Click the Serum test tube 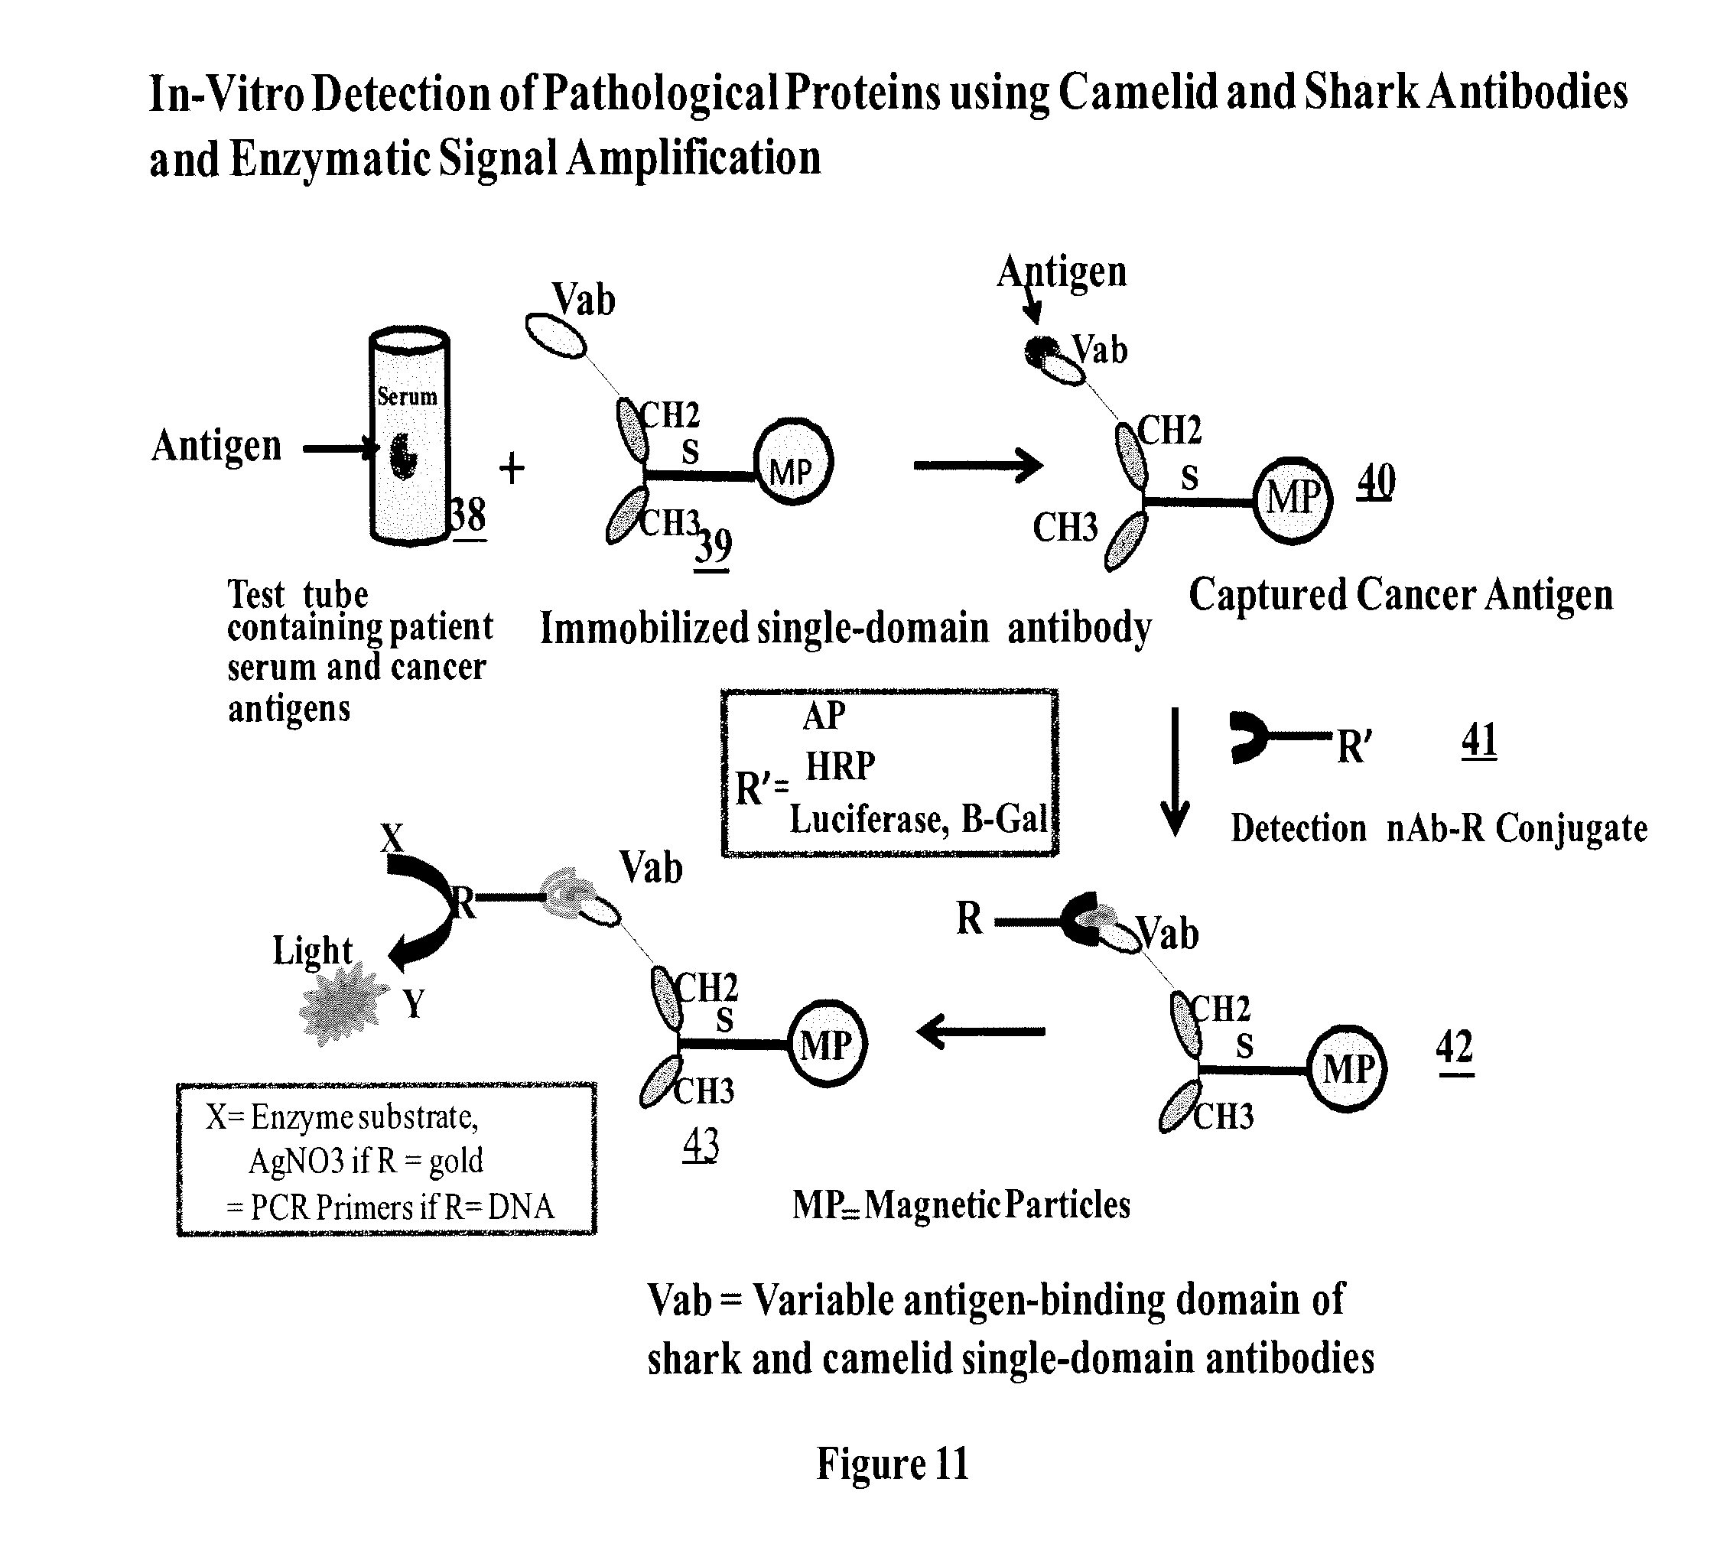(x=409, y=437)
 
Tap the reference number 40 (x=1375, y=482)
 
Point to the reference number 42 (x=1454, y=1047)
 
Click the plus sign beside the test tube (x=512, y=468)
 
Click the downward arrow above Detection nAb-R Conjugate (x=1175, y=772)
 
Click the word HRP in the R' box (x=840, y=765)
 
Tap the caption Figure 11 (x=892, y=1464)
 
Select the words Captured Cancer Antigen (x=1400, y=595)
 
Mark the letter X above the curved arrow (x=392, y=837)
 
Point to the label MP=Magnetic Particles (x=960, y=1204)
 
